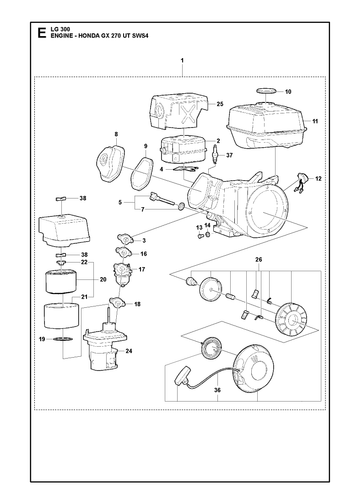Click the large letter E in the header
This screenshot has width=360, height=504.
(41, 33)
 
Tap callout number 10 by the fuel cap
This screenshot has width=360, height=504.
(288, 91)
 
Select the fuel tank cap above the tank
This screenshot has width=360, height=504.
(266, 90)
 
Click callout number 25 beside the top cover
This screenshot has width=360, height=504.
(220, 104)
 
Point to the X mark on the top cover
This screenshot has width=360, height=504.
(189, 114)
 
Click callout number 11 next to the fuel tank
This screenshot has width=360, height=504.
(315, 121)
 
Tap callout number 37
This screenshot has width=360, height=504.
(229, 155)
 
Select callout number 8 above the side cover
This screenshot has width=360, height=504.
(116, 134)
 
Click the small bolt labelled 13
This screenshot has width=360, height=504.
(201, 236)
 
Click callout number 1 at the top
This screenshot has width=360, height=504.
(182, 61)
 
